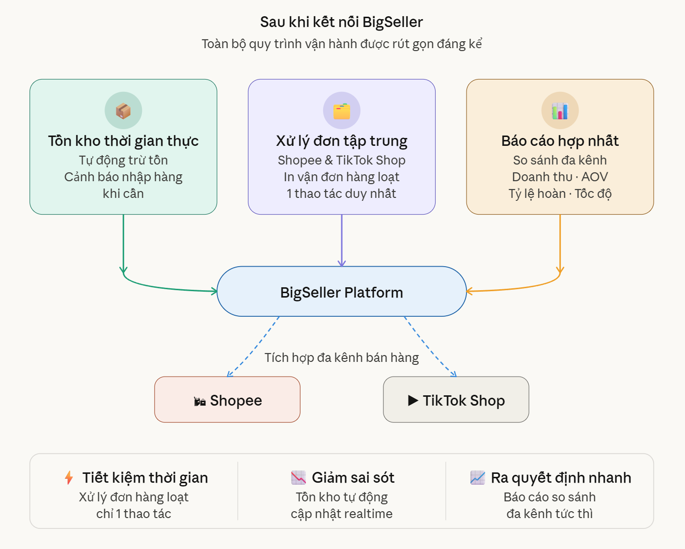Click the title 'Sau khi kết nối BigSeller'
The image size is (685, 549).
tap(341, 22)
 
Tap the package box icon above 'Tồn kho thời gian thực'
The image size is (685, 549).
tap(123, 110)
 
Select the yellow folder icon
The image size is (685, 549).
tap(342, 111)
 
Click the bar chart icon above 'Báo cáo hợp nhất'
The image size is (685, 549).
tap(560, 111)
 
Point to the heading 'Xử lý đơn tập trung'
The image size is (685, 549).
tap(342, 141)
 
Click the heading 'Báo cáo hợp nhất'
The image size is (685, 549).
tap(560, 141)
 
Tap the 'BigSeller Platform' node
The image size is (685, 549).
tap(342, 292)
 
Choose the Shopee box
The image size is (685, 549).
tap(227, 400)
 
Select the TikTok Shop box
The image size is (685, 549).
tap(456, 400)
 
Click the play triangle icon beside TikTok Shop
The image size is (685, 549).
tap(413, 401)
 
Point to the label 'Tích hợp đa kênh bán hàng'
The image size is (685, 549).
tap(342, 357)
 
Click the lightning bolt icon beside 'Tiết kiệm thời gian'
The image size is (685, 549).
tap(69, 478)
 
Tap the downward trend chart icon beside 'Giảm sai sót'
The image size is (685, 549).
tap(299, 477)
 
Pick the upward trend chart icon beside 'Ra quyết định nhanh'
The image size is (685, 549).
tap(477, 477)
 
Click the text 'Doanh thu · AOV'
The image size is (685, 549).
tap(560, 177)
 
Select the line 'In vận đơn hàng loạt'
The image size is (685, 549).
tap(342, 177)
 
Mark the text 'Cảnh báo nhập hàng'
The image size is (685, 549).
tap(123, 177)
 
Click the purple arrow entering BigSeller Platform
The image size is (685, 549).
tap(342, 241)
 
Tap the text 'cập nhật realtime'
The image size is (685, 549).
tap(342, 514)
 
